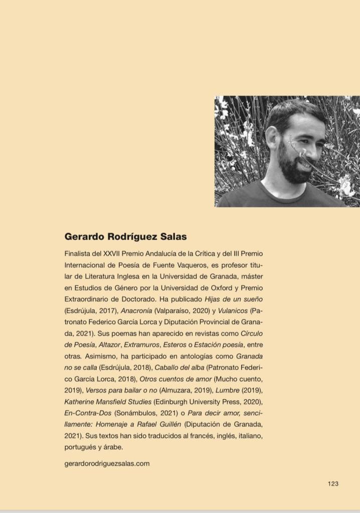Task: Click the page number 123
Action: [333, 483]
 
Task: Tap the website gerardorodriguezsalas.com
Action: [107, 463]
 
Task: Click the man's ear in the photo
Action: [273, 136]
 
